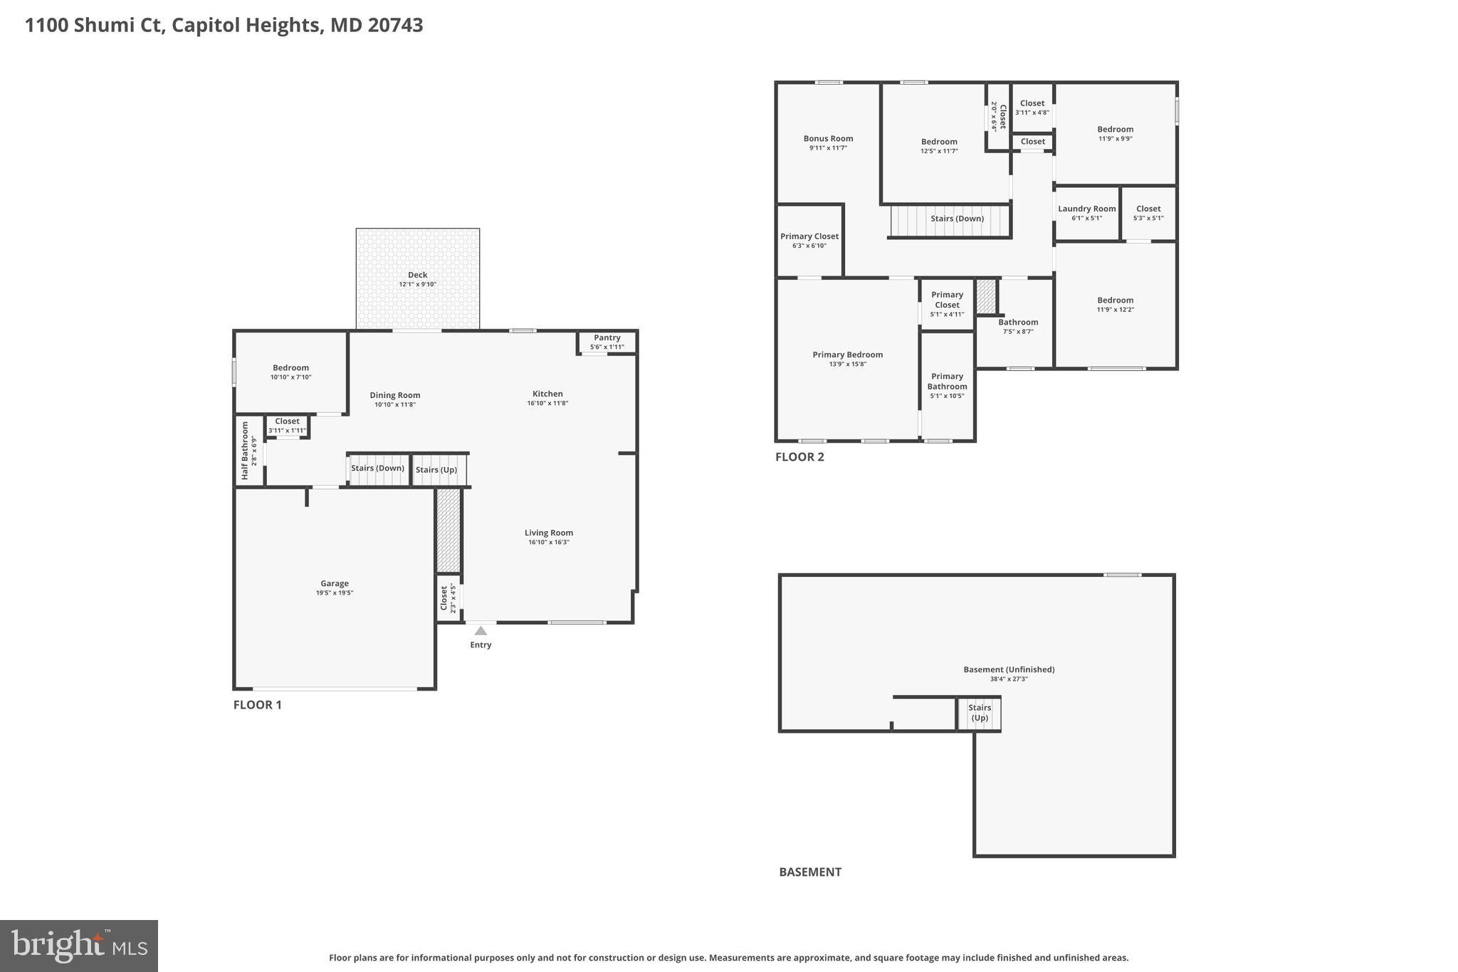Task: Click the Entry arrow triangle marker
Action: (x=481, y=631)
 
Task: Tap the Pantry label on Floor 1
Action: (x=607, y=338)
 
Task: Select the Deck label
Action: (x=417, y=275)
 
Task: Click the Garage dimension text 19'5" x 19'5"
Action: (x=335, y=593)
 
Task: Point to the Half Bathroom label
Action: (x=246, y=450)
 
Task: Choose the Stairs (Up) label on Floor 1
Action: (x=436, y=470)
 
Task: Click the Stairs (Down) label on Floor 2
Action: (x=957, y=219)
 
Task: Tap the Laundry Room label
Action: (x=1086, y=209)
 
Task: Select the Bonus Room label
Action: (x=828, y=139)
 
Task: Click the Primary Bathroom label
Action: (x=947, y=382)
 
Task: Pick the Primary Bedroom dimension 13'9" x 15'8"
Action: (x=847, y=365)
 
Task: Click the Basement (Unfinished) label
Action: (x=1008, y=669)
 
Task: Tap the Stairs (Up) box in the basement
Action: (x=979, y=713)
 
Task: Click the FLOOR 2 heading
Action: (x=799, y=457)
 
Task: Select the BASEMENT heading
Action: (x=809, y=872)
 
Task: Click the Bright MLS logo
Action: (x=79, y=946)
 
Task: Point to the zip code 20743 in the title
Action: (x=395, y=26)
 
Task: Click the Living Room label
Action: (x=548, y=533)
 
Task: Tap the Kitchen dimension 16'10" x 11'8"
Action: (x=547, y=404)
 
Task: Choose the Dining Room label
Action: (x=395, y=395)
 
